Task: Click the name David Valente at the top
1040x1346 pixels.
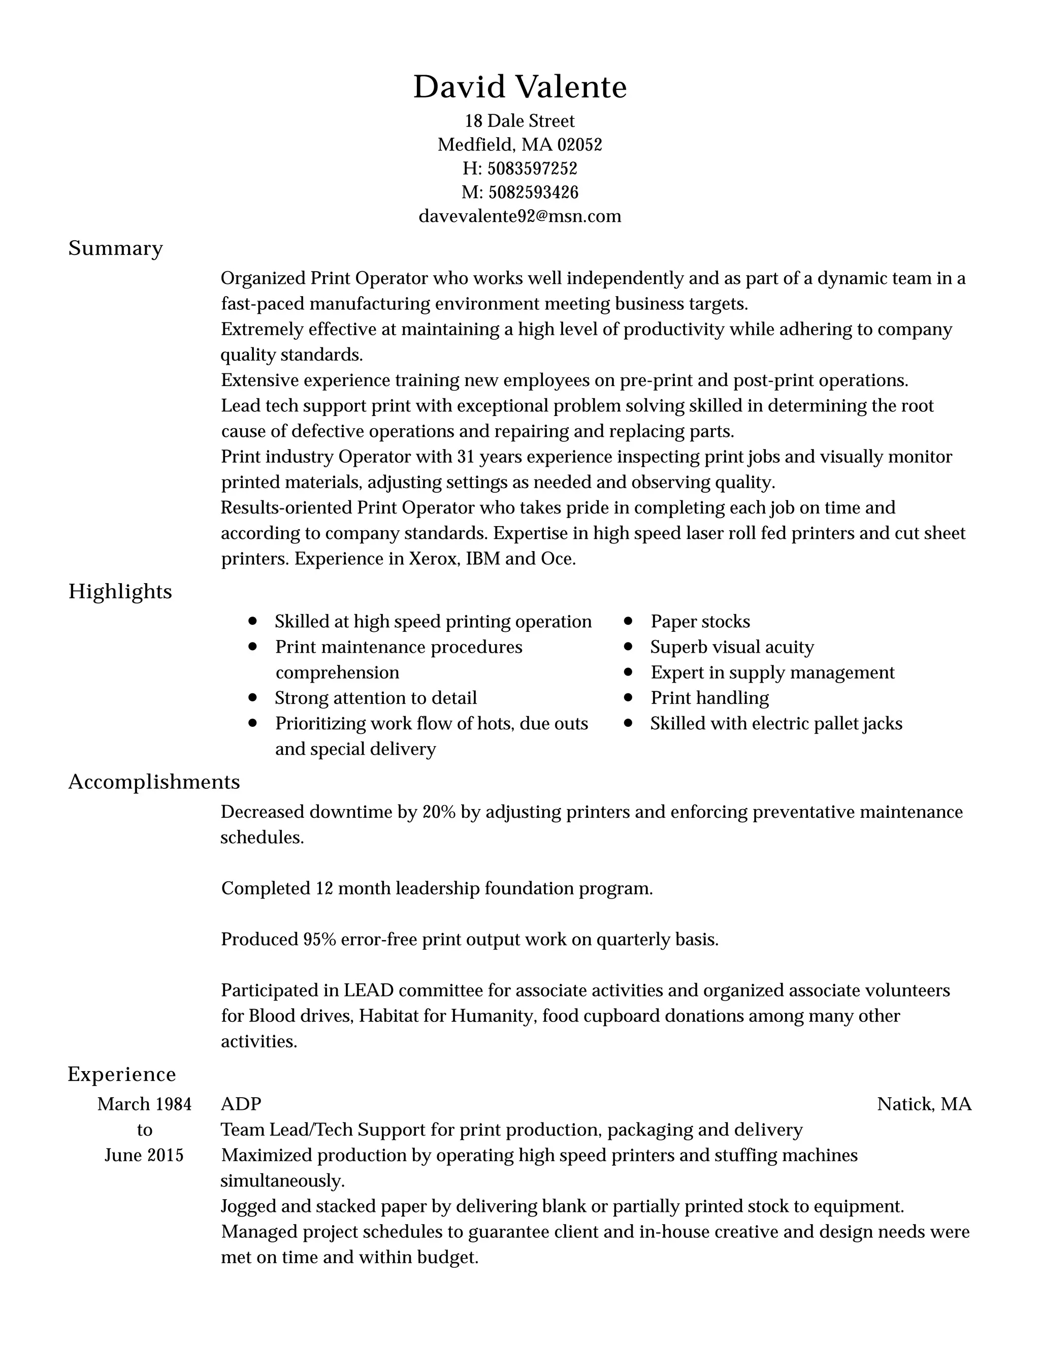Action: tap(519, 87)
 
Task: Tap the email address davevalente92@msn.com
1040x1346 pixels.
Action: tap(519, 216)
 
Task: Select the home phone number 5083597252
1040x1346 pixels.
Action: tap(532, 168)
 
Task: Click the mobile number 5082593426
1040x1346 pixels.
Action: tap(533, 193)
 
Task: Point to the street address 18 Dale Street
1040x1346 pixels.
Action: tap(519, 121)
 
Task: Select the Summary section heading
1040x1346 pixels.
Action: tap(115, 248)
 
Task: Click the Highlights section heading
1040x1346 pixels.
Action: tap(120, 592)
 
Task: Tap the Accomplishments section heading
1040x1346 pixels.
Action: tap(154, 782)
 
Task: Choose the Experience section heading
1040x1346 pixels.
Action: tap(121, 1074)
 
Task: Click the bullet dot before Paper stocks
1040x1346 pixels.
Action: tap(628, 621)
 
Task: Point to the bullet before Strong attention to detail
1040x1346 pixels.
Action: tap(252, 698)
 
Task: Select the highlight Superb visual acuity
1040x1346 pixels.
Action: tap(732, 647)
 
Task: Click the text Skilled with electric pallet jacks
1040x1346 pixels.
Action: tap(776, 723)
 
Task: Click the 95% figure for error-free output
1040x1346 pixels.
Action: tap(319, 940)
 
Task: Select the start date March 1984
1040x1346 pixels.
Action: tap(144, 1104)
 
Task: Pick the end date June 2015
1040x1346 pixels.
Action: tap(144, 1155)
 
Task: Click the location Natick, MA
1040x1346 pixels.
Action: tap(924, 1104)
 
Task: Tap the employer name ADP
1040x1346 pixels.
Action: tap(241, 1104)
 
